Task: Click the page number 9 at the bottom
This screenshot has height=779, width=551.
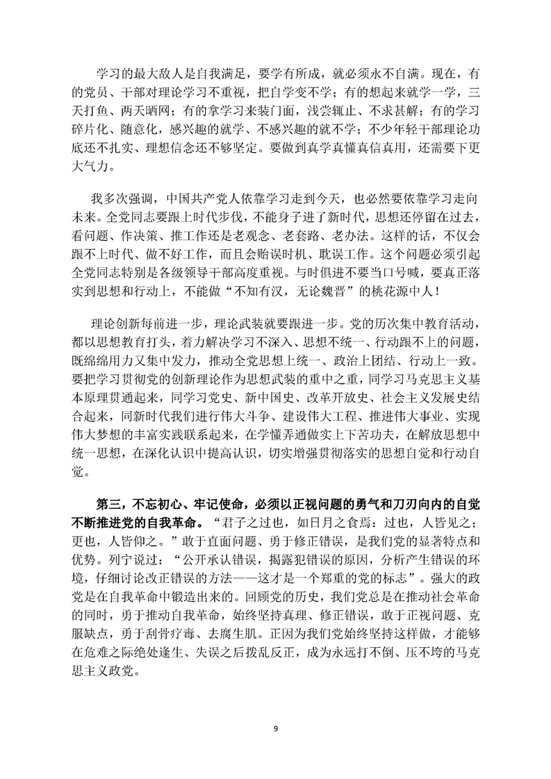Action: (x=276, y=728)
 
